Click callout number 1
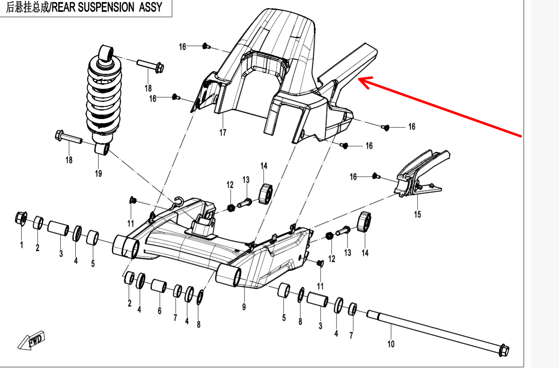(x=22, y=245)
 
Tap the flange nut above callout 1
(x=21, y=218)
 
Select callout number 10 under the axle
(x=391, y=344)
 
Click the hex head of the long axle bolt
(x=504, y=350)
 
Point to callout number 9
(x=244, y=306)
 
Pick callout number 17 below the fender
(x=223, y=132)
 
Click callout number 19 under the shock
(x=98, y=173)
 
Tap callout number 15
(x=417, y=214)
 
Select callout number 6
(x=159, y=311)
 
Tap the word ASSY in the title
(x=151, y=7)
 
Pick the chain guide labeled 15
(x=420, y=173)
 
